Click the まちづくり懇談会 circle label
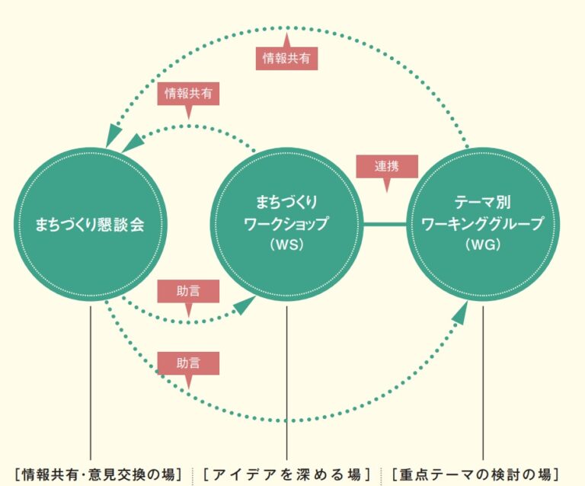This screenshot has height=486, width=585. click(x=90, y=225)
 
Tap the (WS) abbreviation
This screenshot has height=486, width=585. click(x=286, y=245)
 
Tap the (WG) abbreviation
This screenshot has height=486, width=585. click(x=483, y=245)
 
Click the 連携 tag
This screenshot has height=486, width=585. click(x=387, y=165)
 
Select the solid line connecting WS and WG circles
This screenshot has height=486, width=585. click(x=385, y=224)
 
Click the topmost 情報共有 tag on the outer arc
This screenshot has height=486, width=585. click(x=286, y=59)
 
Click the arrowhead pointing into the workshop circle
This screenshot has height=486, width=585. click(x=245, y=305)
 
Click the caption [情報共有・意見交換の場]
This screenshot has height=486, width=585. click(x=98, y=474)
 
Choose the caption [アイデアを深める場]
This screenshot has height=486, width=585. click(x=287, y=474)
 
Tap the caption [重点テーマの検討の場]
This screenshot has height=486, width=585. click(x=480, y=474)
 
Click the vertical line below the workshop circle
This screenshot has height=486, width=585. click(x=286, y=381)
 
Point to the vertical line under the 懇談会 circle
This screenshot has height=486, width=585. click(x=90, y=381)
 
